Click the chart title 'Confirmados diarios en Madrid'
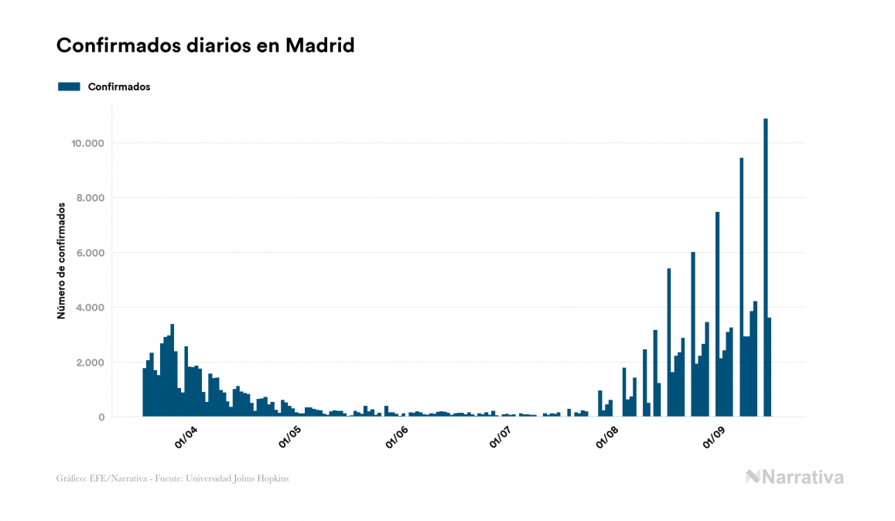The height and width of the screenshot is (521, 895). tap(205, 46)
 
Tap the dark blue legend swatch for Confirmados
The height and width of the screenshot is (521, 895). tap(69, 87)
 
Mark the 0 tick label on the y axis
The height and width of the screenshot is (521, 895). tap(101, 417)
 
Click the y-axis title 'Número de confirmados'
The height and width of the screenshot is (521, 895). tap(61, 260)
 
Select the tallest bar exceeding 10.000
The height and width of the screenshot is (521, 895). tap(766, 271)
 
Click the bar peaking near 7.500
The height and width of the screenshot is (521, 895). tap(718, 317)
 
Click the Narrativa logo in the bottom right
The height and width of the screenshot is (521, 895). tap(794, 477)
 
